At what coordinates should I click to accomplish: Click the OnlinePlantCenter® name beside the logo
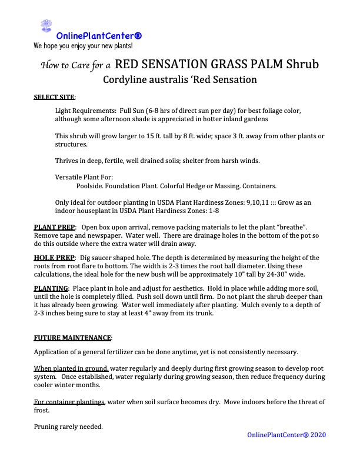pos(99,36)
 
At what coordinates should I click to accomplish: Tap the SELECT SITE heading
pos(54,96)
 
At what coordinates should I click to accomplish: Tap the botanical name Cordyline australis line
pos(180,79)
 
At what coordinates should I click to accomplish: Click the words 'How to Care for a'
pos(75,65)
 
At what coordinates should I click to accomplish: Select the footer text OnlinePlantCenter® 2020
pos(286,435)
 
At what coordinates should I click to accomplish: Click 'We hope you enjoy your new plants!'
pos(83,45)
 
